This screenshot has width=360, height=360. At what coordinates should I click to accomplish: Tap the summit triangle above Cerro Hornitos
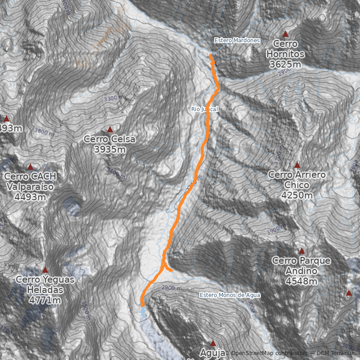(285, 34)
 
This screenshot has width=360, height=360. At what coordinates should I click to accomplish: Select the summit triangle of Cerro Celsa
(110, 130)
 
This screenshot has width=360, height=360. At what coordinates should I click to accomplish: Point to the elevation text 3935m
(110, 149)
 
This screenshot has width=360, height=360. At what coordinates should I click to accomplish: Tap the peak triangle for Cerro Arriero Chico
(297, 165)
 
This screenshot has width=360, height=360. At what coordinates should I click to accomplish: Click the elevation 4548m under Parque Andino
(301, 282)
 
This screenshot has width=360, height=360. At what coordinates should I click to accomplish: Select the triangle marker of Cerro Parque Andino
(301, 251)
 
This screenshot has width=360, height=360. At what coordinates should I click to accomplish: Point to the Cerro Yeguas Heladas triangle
(45, 270)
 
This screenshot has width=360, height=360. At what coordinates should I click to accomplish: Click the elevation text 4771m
(45, 300)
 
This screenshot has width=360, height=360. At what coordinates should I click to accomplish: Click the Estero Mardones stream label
(237, 40)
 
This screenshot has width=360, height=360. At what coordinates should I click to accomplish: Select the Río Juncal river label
(204, 109)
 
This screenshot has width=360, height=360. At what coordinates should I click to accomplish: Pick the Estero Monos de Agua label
(230, 295)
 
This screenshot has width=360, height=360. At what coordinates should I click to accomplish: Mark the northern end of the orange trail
(211, 55)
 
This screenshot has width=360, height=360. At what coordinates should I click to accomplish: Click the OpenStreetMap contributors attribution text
(270, 353)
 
